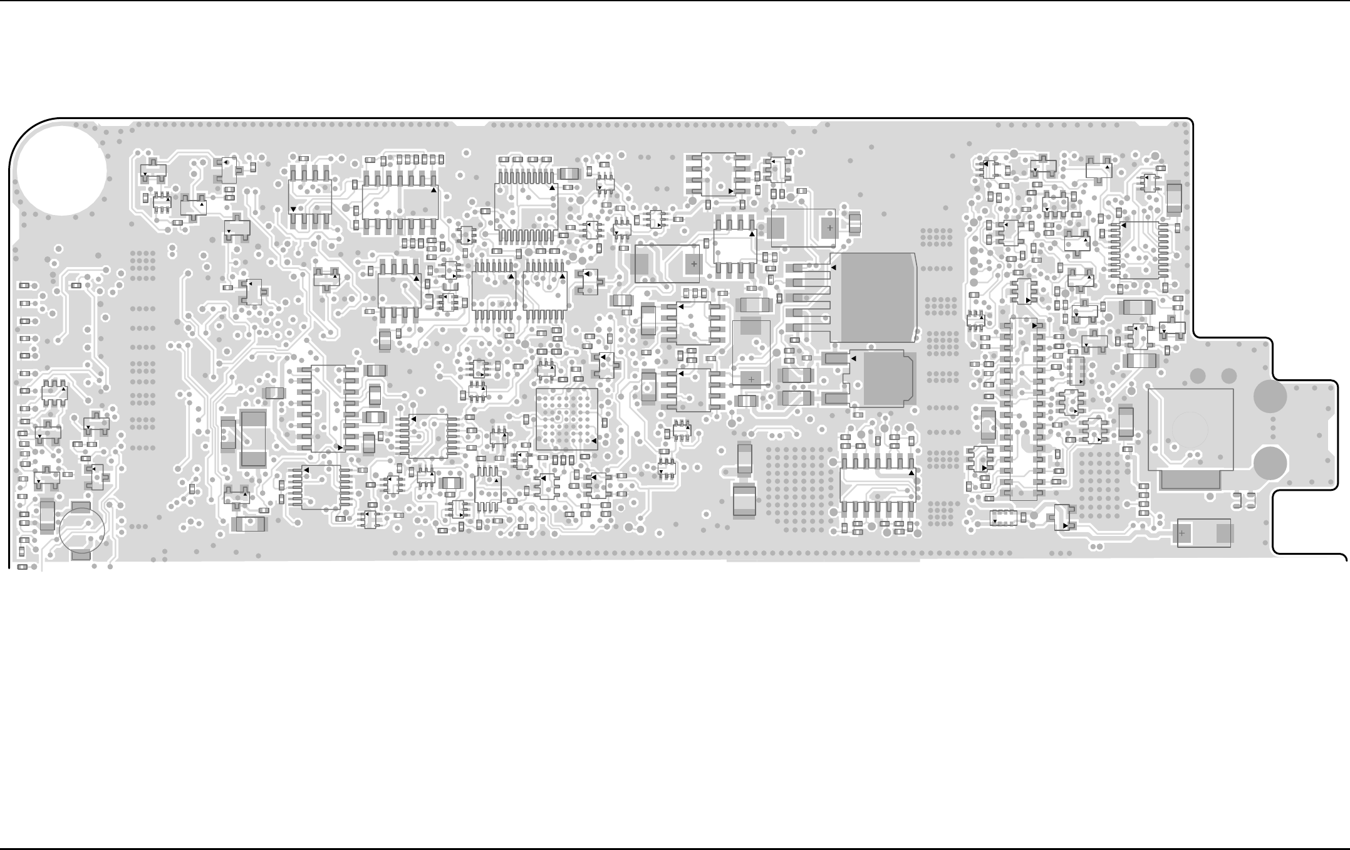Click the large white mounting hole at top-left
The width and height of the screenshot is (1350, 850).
[x=61, y=170]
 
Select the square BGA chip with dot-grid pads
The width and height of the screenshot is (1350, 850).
[x=567, y=419]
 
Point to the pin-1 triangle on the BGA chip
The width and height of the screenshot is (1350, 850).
[x=594, y=441]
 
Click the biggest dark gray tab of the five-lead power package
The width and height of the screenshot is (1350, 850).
[x=877, y=298]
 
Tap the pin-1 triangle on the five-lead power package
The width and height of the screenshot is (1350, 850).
[x=834, y=268]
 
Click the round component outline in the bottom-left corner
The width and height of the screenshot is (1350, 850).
[x=81, y=530]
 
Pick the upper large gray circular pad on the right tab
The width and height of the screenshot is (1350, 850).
[x=1270, y=396]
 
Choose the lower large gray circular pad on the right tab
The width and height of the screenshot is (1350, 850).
[x=1270, y=463]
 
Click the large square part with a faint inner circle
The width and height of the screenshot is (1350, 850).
[x=1190, y=429]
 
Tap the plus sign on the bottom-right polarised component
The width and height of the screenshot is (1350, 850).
[x=1182, y=533]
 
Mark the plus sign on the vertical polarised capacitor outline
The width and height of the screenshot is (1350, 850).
[x=751, y=379]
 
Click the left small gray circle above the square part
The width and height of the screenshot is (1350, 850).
[x=1198, y=375]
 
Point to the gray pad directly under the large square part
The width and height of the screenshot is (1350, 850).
[x=1190, y=481]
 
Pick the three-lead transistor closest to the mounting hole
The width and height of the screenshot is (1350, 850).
[x=153, y=170]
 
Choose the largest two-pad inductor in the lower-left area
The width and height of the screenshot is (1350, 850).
[x=253, y=439]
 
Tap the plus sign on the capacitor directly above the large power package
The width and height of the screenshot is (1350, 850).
[x=830, y=228]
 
